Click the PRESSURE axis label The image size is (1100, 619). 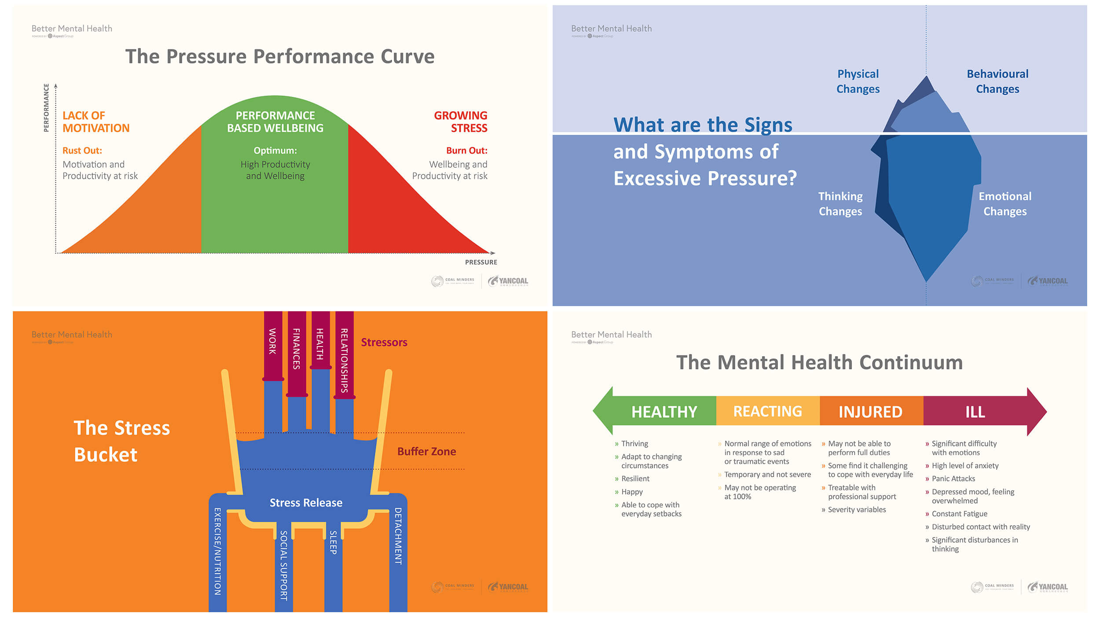[481, 262]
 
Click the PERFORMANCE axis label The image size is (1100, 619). [46, 108]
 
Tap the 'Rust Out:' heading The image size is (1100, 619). [82, 151]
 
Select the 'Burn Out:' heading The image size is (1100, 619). [466, 151]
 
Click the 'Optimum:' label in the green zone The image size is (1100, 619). [275, 151]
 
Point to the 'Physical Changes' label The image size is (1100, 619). [858, 81]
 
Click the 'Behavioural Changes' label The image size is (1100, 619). [997, 81]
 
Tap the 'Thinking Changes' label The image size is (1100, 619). [840, 204]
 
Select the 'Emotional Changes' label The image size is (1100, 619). [1005, 204]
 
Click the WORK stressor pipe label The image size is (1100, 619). [273, 341]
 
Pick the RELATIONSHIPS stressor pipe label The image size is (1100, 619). [345, 360]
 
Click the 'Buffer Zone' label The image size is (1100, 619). [426, 452]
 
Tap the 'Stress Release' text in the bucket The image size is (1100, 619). [306, 503]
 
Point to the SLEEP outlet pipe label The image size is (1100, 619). [334, 542]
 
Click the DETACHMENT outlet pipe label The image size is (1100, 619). [398, 536]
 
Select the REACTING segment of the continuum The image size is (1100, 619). [767, 412]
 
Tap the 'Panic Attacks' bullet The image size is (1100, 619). [953, 479]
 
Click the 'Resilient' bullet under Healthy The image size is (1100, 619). [635, 479]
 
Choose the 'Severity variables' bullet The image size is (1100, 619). [857, 510]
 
